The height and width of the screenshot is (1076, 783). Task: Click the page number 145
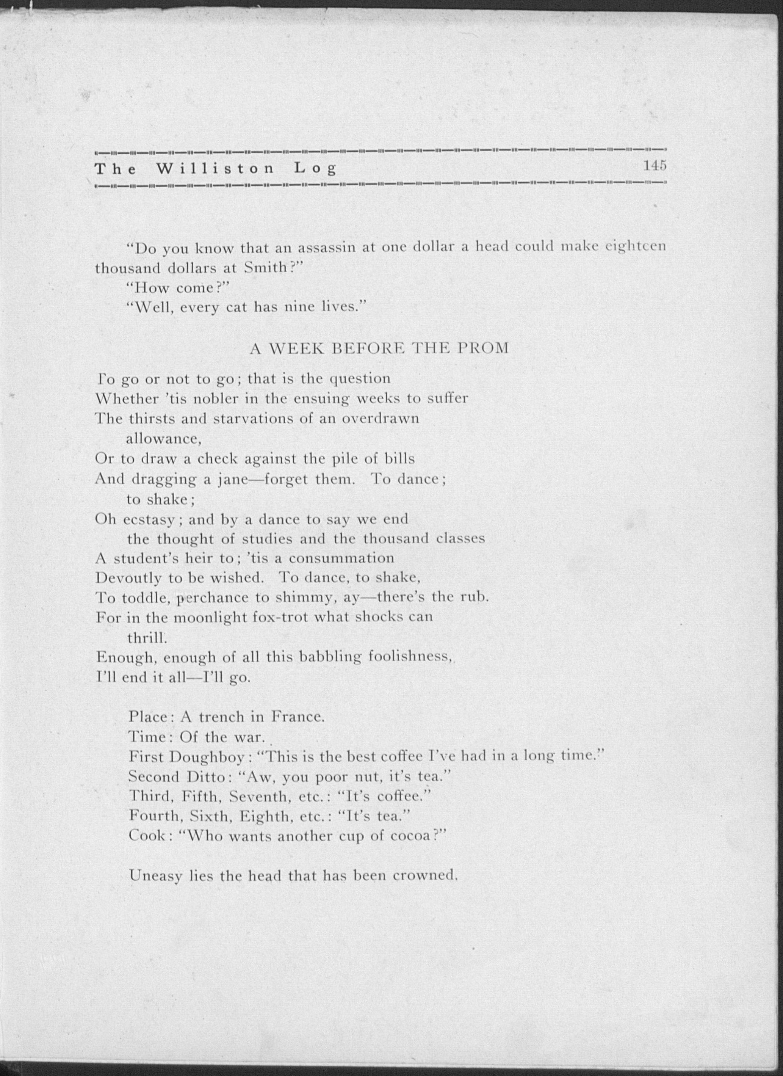(655, 166)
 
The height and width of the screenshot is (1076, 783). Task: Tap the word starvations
(270, 419)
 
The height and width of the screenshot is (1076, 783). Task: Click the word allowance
(164, 439)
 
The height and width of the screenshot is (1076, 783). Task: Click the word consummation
(341, 558)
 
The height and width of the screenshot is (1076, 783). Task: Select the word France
(298, 716)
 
